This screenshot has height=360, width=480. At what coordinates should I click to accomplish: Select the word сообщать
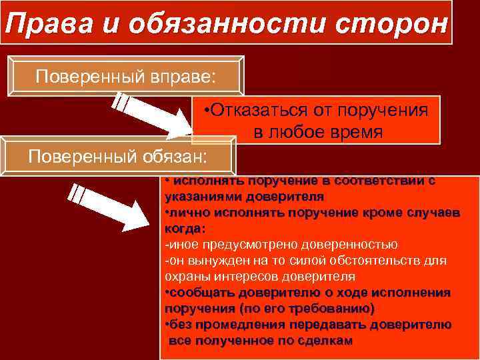pyautogui.click(x=199, y=293)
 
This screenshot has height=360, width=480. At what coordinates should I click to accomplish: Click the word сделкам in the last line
pyautogui.click(x=323, y=341)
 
